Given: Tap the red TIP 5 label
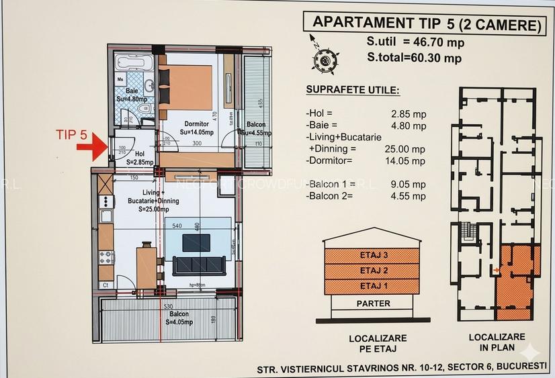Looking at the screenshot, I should coord(72,134).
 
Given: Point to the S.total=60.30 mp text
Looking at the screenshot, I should coord(414,58).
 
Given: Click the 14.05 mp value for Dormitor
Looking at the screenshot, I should coord(408,161).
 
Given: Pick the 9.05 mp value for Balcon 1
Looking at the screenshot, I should coord(409,185).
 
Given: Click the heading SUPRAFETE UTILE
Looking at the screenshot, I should coord(352,90).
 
